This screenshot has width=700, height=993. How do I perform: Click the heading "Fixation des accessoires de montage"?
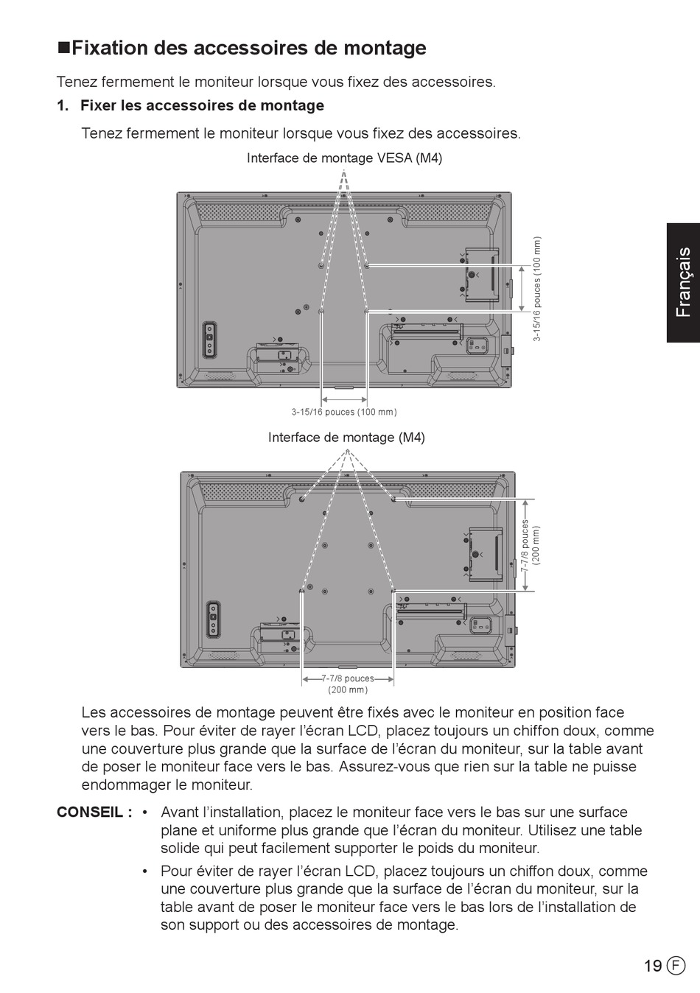coord(249,48)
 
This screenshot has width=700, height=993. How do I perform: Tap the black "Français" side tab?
coord(683,282)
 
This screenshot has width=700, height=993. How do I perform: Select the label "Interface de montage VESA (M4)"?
coord(344,158)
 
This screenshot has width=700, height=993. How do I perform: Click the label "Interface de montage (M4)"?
coord(346,438)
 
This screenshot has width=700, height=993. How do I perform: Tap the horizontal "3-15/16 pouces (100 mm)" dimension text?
coord(344,412)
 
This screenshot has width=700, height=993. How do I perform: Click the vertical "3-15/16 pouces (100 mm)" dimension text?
coord(537,289)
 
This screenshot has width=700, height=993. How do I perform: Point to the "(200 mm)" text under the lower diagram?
coord(348,690)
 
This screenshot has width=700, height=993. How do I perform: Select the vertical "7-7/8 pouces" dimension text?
coord(525,545)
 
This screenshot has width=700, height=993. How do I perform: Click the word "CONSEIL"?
coord(90,812)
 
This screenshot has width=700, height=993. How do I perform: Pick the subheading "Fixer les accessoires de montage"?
coord(202,105)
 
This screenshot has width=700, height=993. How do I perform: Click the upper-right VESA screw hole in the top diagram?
coord(367,265)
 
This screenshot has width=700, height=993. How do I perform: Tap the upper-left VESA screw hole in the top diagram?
coord(321,265)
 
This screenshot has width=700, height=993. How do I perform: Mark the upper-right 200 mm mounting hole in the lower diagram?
coord(393,499)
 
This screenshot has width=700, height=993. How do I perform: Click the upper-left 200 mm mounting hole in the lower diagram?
coord(302,499)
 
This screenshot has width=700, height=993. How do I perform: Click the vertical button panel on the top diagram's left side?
coord(210,340)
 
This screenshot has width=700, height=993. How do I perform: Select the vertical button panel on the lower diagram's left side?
coord(214,620)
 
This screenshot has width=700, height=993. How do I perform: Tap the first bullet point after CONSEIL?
coord(144,813)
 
